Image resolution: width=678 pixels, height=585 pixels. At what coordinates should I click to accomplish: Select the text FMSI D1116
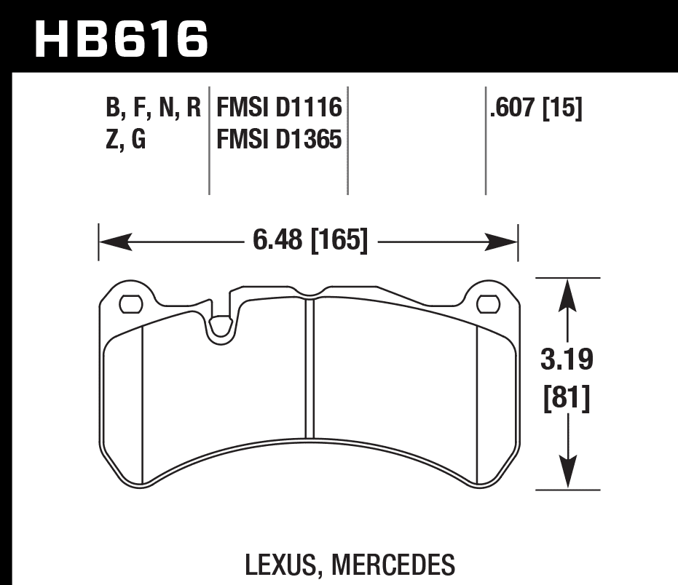(280, 108)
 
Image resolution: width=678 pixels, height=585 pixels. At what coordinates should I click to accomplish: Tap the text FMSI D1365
(280, 138)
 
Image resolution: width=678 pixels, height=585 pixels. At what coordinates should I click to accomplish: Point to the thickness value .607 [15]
(537, 108)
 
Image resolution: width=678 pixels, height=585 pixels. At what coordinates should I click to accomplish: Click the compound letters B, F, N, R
(153, 108)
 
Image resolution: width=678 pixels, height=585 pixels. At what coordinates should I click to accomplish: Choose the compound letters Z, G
(126, 138)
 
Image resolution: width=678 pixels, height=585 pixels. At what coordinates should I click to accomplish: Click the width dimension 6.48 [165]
(309, 239)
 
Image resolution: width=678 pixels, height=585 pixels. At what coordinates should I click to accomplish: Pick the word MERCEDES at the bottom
(393, 564)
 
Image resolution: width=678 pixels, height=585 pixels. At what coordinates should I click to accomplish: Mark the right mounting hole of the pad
(486, 302)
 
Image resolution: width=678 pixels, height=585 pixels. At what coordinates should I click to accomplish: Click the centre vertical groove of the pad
(309, 364)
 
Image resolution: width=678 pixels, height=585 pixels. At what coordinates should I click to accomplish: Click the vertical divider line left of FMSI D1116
(210, 142)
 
